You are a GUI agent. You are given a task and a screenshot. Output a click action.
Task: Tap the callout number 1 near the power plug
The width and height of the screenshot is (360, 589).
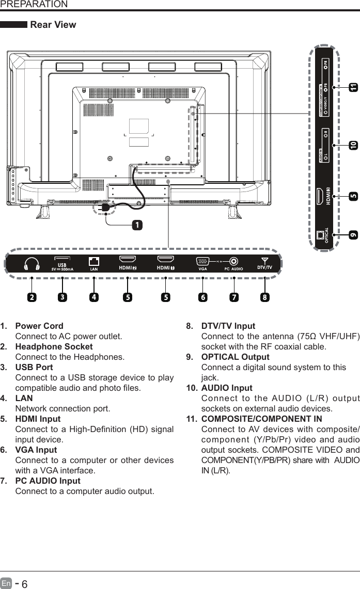coord(136,226)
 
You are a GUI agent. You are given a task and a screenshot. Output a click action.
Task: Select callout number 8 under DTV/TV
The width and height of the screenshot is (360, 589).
coord(265,297)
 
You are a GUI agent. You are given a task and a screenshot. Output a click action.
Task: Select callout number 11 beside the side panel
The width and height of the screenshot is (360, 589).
coord(353,88)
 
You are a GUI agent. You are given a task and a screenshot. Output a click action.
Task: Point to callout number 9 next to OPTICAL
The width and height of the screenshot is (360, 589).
coord(353,234)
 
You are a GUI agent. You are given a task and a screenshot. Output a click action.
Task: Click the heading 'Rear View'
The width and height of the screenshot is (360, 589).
coord(53,25)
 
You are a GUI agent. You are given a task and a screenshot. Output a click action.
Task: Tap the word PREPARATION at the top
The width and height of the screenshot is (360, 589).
coord(34,5)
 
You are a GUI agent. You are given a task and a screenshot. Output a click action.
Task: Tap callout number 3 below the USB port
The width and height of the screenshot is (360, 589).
coord(62,297)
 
